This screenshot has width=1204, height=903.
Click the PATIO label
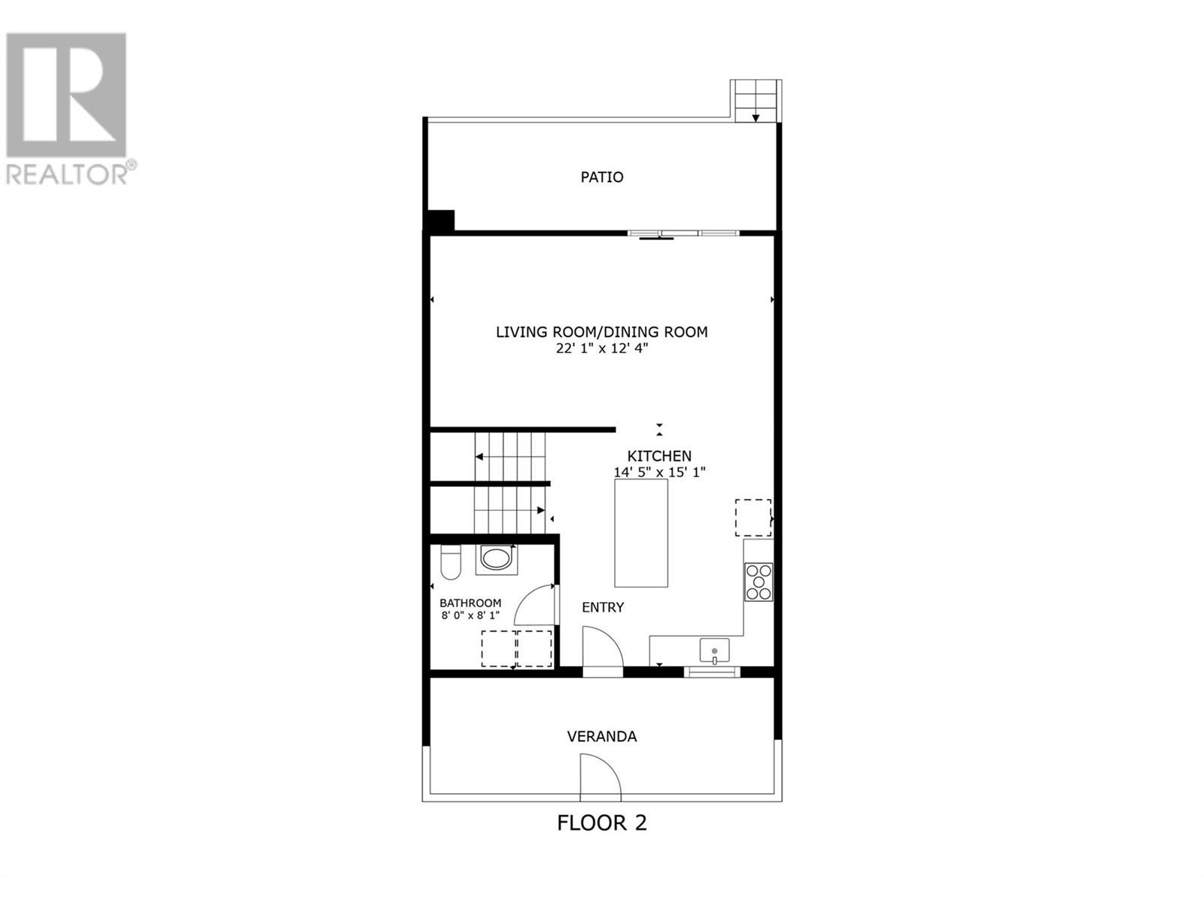602,177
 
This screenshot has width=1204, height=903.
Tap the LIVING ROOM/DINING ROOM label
602,332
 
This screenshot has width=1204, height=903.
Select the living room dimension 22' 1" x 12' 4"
602,348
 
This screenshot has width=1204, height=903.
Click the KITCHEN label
659,455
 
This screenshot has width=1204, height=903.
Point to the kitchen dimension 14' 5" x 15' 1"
659,472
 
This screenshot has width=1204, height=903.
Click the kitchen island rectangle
641,533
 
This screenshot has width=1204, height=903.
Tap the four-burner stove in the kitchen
759,582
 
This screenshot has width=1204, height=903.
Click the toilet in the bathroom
450,562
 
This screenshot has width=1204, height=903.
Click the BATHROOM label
470,603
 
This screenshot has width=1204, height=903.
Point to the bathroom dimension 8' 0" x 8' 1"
470,615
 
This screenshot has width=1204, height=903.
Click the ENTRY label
603,607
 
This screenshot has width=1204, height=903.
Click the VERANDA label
602,737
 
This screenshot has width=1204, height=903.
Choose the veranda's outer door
600,777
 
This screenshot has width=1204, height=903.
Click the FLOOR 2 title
602,838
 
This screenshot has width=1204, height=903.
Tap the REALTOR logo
69,108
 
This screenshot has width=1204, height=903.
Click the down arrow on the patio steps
756,117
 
